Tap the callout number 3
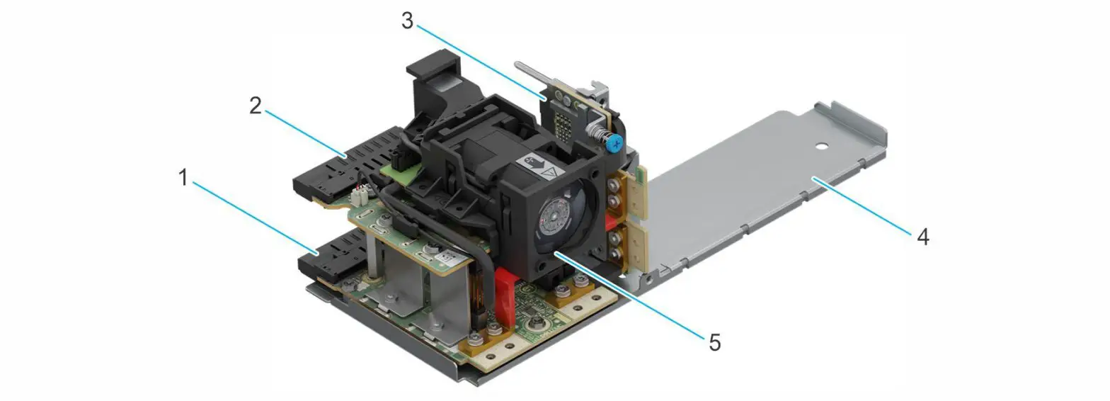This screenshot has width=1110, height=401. click(407, 21)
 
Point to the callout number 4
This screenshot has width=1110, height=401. click(922, 236)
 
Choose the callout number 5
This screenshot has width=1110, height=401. click(714, 343)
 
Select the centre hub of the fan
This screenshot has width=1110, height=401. click(560, 215)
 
